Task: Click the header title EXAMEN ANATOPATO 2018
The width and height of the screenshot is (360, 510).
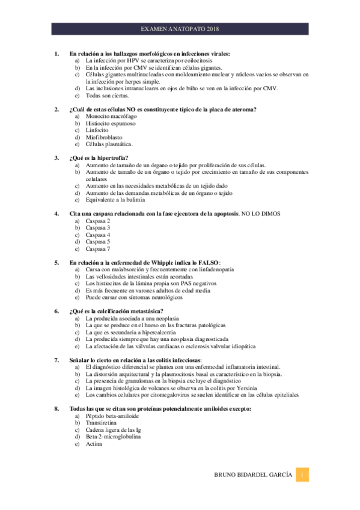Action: click(180, 28)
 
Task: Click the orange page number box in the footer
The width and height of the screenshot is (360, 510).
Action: click(304, 475)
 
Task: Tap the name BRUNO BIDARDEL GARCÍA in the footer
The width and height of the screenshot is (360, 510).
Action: click(254, 475)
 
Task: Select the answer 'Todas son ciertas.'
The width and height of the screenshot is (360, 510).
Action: click(107, 96)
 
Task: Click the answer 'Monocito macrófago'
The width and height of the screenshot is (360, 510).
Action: click(112, 116)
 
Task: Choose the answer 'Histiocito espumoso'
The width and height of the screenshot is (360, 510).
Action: click(111, 123)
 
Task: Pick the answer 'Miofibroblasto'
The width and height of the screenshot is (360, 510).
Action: click(104, 137)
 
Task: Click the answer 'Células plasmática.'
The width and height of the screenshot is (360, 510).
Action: click(109, 144)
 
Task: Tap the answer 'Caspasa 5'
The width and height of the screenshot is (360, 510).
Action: click(98, 241)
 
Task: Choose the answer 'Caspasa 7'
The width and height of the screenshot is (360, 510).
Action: click(98, 248)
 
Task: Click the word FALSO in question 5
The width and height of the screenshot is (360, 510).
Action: click(207, 262)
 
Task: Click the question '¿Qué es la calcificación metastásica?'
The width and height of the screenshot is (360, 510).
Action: click(117, 311)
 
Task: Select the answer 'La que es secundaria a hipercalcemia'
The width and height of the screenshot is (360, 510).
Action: click(131, 332)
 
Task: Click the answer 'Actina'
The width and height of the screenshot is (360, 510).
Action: click(94, 444)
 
